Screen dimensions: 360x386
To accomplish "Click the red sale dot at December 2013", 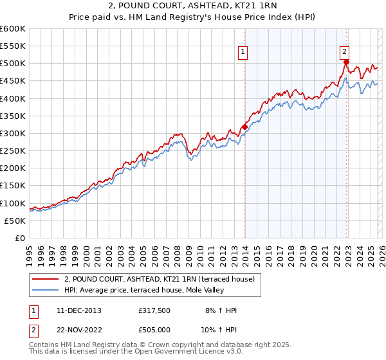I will click(244, 127).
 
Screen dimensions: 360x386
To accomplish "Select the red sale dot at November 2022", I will click(346, 62).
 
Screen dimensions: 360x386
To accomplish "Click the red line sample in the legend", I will click(45, 279).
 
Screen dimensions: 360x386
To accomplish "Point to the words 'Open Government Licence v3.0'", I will click(183, 352).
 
